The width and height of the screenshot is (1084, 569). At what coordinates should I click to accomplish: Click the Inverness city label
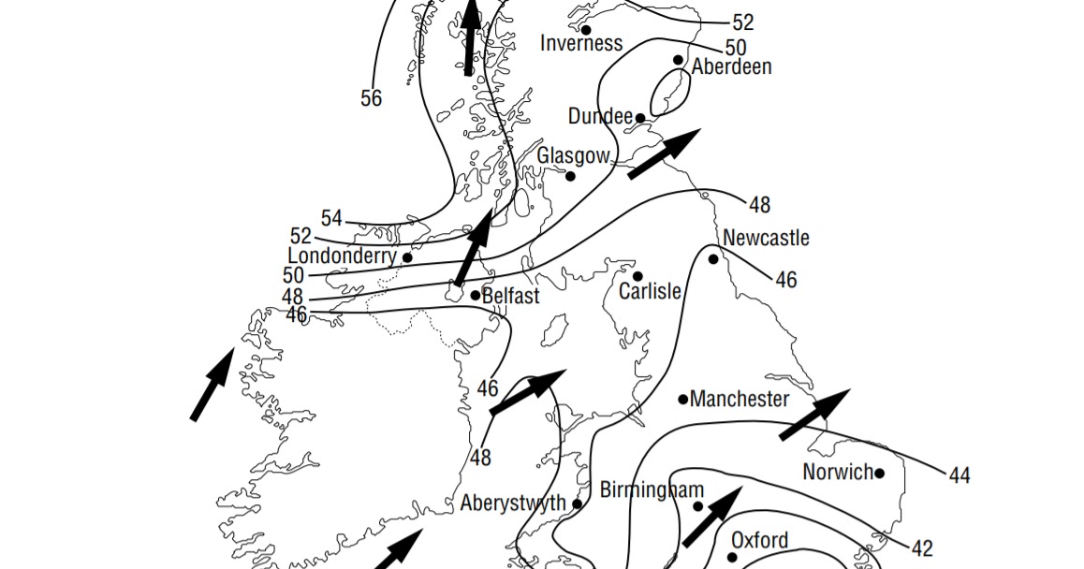point(581,43)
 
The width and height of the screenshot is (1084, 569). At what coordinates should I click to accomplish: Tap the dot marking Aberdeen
point(679,60)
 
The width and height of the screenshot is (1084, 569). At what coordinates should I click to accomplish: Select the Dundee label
point(600,116)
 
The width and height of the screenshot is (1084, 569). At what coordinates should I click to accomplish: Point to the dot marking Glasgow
point(570,175)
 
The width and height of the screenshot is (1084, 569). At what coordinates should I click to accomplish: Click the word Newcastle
point(766,238)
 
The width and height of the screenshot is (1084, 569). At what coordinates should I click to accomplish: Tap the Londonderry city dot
point(407,257)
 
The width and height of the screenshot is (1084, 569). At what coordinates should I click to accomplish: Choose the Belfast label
point(510,297)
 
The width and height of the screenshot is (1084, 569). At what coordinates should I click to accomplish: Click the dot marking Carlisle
point(637,276)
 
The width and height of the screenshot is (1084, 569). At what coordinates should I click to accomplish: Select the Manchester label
point(740,400)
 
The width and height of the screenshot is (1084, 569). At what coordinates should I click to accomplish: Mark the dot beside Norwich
point(879,473)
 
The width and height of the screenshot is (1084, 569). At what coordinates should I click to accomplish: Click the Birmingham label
point(652,490)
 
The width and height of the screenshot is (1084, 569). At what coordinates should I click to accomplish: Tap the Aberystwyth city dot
point(577,503)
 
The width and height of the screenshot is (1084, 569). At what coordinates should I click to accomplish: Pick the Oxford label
point(759,540)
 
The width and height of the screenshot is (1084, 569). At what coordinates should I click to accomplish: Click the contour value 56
point(371,97)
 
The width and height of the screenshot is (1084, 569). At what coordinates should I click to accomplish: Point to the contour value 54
point(331,218)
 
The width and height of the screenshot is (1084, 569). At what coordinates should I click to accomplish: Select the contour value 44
point(959,476)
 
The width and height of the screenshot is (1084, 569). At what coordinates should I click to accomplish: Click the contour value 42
point(922,548)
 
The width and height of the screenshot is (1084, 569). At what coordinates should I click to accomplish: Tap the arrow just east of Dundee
point(664,153)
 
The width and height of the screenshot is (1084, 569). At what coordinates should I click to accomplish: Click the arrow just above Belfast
point(474,248)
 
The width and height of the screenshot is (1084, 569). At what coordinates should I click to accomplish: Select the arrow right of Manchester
point(814,415)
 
